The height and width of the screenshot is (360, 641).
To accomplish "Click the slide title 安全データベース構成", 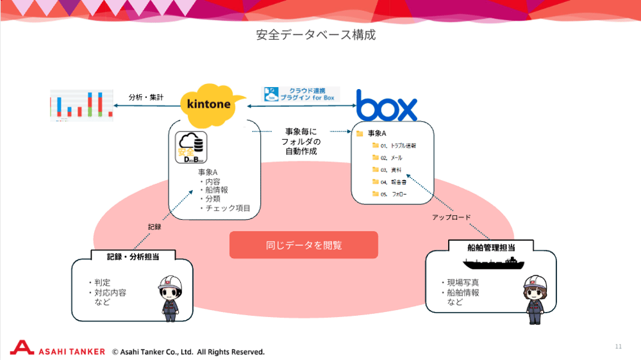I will tap(315, 35).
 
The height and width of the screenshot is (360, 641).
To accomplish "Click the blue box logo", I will tap(387, 107).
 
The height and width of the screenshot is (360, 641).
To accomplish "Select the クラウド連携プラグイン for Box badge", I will tap(302, 95).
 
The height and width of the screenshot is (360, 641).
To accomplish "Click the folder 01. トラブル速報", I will tap(394, 146).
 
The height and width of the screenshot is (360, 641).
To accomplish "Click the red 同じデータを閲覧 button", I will tap(304, 245).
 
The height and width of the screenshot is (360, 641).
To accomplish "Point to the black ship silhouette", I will tap(491, 262).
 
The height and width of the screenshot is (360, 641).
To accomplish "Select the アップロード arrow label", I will tap(451, 218).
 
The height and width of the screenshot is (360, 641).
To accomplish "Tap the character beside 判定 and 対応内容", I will tap(171, 296).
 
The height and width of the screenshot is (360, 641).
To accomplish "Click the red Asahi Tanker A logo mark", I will tap(22, 348).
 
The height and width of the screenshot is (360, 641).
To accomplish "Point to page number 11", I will tap(618, 347).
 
